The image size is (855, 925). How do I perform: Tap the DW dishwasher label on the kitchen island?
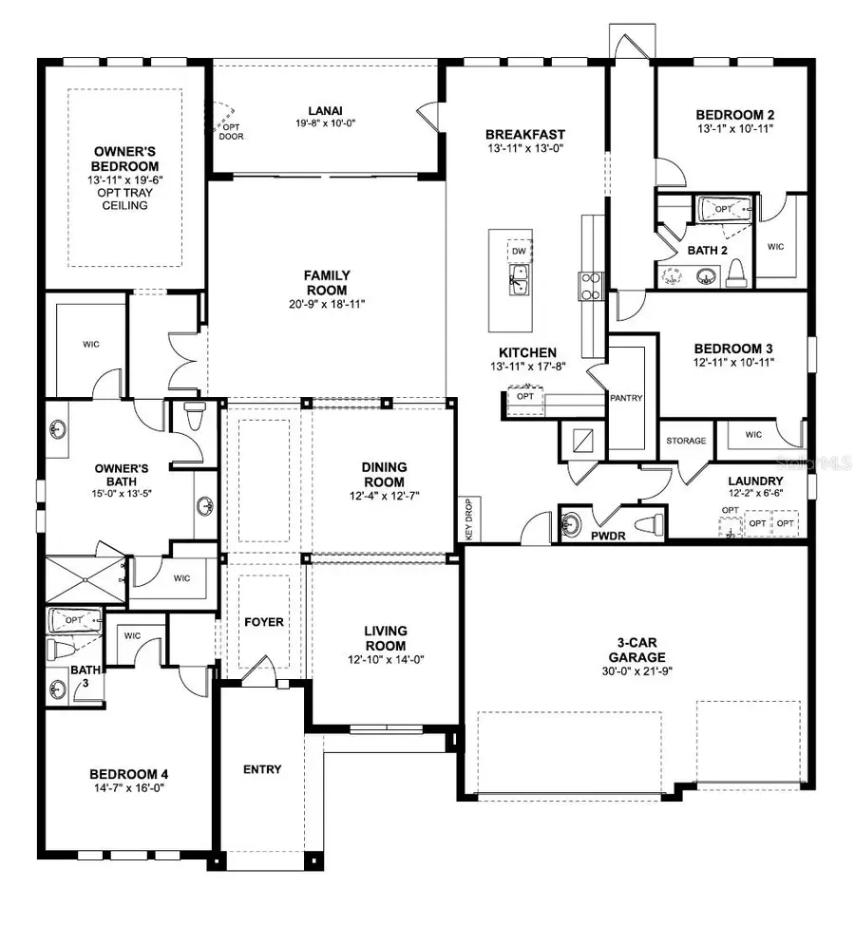pyautogui.click(x=518, y=251)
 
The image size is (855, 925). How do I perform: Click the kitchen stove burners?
pyautogui.click(x=590, y=285)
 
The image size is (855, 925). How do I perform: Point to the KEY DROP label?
pyautogui.click(x=467, y=518)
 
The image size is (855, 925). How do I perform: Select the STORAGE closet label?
pyautogui.click(x=685, y=441)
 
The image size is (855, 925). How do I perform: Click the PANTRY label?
pyautogui.click(x=628, y=398)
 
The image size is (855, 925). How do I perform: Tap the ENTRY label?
pyautogui.click(x=262, y=768)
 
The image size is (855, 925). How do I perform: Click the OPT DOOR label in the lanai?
pyautogui.click(x=231, y=131)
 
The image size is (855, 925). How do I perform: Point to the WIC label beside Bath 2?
pyautogui.click(x=775, y=246)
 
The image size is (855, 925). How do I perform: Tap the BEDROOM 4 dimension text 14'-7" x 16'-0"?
pyautogui.click(x=128, y=788)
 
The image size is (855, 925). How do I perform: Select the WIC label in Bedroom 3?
pyautogui.click(x=753, y=436)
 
